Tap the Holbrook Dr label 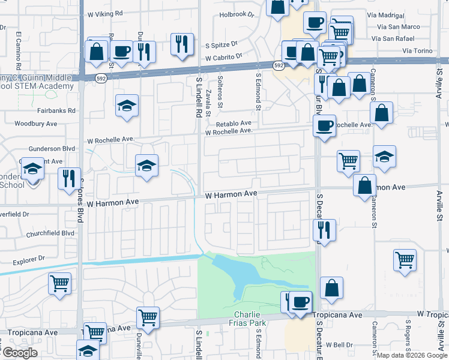[237, 14]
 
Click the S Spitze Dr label [221, 44]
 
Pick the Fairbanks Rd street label [55, 110]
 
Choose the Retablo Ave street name [237, 123]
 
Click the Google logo [20, 353]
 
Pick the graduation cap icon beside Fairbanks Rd [127, 106]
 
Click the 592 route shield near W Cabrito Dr [279, 64]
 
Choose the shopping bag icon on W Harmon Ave [364, 185]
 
